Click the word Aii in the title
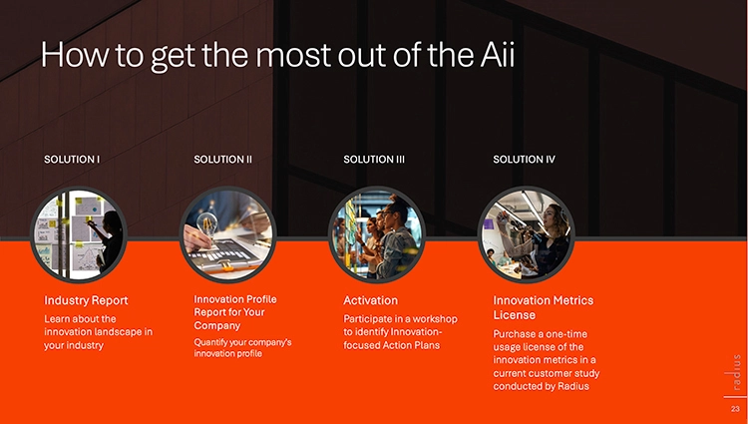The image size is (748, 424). [495, 54]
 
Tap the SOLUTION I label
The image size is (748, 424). [72, 160]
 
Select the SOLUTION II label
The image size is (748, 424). [222, 160]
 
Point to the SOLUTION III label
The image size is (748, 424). [374, 160]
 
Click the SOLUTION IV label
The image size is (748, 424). [524, 160]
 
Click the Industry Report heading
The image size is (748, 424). [86, 300]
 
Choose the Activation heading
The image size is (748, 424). [370, 300]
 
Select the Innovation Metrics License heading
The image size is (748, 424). [543, 307]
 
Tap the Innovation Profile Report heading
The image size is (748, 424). [235, 312]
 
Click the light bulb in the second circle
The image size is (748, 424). [207, 222]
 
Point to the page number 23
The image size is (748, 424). [735, 409]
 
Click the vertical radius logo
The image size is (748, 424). [737, 372]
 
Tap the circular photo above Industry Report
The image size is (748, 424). [79, 234]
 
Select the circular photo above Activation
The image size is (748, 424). [377, 234]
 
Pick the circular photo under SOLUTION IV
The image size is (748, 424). [527, 234]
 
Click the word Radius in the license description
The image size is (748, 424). [574, 386]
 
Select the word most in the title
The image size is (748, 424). [293, 55]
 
